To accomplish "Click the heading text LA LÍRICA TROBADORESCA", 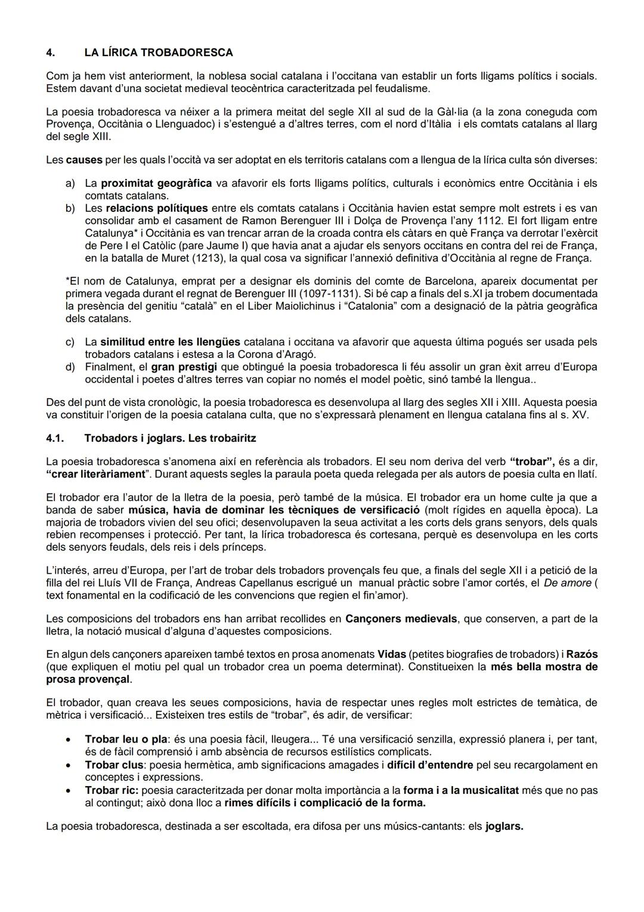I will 158,53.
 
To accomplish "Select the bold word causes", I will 83,160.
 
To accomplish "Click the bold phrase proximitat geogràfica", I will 156,183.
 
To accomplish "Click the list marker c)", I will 70,342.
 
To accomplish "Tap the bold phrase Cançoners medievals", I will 401,619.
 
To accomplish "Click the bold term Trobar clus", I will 114,765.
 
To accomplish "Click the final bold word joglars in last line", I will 504,827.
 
